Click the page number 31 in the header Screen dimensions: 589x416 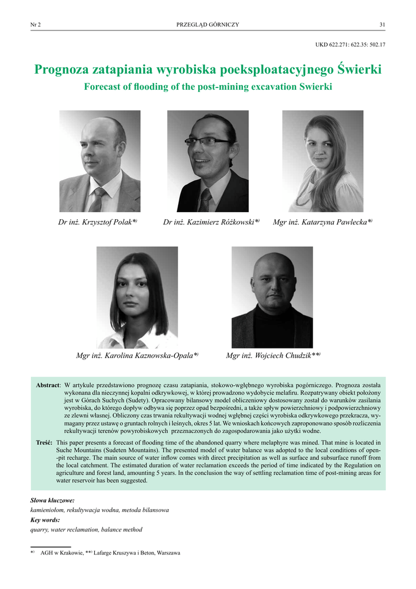382,24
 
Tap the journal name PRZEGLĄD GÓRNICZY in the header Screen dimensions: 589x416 207,24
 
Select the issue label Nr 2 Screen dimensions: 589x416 36,24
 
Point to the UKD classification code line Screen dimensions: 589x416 350,44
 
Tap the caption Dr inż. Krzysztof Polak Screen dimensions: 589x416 97,222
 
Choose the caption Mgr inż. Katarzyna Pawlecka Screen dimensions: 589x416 322,222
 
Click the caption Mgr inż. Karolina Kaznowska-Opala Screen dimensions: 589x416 137,356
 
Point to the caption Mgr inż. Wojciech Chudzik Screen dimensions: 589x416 272,356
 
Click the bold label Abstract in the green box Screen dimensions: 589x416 48,385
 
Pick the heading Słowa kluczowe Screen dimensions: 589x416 52,500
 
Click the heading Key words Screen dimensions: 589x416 45,520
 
